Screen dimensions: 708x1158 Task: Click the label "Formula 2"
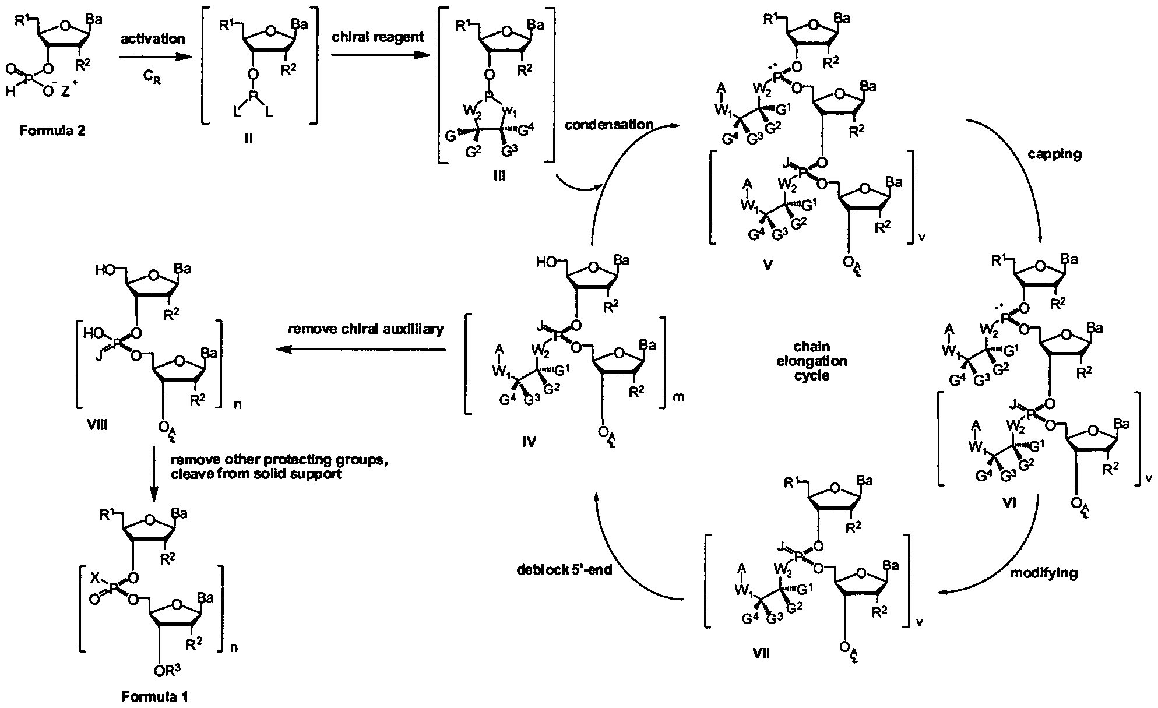click(x=52, y=131)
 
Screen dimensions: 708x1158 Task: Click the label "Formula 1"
click(x=155, y=696)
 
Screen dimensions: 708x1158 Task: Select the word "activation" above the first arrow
click(x=153, y=39)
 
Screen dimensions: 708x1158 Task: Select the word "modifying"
click(x=1044, y=573)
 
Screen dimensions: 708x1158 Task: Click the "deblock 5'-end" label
click(x=565, y=569)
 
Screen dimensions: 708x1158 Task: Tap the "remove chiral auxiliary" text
click(x=366, y=329)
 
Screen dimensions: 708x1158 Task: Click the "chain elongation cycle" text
click(x=812, y=361)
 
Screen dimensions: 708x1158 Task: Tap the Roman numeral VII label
click(x=761, y=653)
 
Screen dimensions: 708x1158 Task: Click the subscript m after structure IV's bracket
click(x=678, y=397)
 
